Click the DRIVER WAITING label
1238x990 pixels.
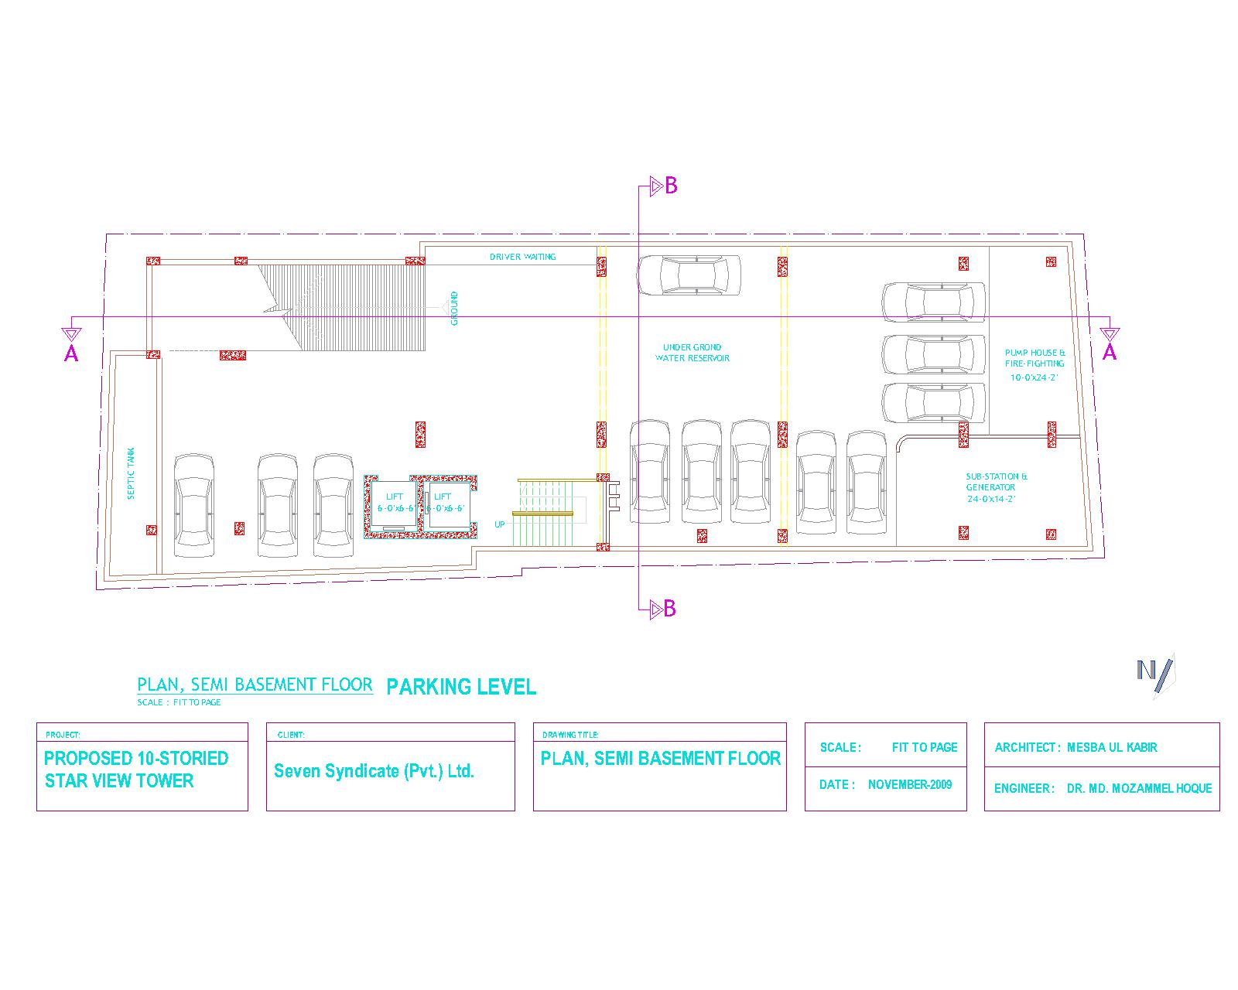coord(522,257)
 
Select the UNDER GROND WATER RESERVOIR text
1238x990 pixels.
coord(692,353)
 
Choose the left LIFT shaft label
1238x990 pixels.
coord(395,502)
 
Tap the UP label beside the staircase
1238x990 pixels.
coord(500,524)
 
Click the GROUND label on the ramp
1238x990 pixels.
coord(454,308)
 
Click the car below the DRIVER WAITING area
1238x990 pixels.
coord(689,275)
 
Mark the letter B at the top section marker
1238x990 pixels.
coord(671,186)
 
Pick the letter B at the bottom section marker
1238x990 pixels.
coord(670,609)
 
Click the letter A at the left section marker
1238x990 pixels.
coord(71,353)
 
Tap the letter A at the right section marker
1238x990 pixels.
coord(1110,353)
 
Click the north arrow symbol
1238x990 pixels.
coord(1155,673)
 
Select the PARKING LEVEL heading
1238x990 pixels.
coord(460,687)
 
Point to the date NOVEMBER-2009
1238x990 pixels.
coord(909,784)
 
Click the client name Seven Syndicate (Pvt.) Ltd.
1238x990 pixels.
coord(374,771)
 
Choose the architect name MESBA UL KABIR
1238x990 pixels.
coord(1112,747)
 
